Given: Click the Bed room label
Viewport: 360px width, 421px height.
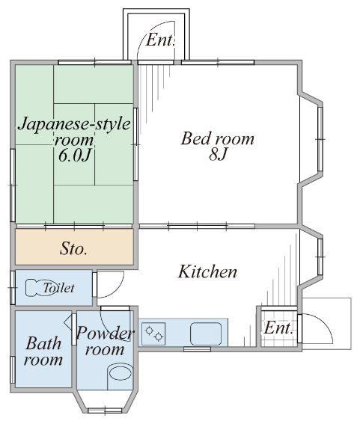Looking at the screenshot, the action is (x=218, y=139).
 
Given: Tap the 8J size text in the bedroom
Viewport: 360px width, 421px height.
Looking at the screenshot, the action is (x=218, y=154).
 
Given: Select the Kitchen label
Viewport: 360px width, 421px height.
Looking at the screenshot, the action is (x=207, y=271).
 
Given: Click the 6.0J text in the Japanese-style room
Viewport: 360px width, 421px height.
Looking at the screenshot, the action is (x=75, y=156).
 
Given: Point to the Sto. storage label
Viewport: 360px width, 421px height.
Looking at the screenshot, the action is (x=73, y=248).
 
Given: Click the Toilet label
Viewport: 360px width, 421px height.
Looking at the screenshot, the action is (x=58, y=288).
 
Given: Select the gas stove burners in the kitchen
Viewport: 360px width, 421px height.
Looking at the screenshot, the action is (x=153, y=334).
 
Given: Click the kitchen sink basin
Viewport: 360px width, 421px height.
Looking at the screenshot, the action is (x=206, y=334).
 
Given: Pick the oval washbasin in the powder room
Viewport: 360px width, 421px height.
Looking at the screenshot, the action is (x=120, y=372).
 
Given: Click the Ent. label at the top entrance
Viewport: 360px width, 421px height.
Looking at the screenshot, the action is (x=160, y=40).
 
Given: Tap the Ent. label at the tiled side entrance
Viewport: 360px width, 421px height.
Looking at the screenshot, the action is (x=278, y=328).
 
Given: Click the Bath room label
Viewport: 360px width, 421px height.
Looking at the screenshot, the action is (x=43, y=351).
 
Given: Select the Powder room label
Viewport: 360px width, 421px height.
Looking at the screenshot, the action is (x=105, y=341).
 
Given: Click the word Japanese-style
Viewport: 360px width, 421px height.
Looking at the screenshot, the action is (x=74, y=125).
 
